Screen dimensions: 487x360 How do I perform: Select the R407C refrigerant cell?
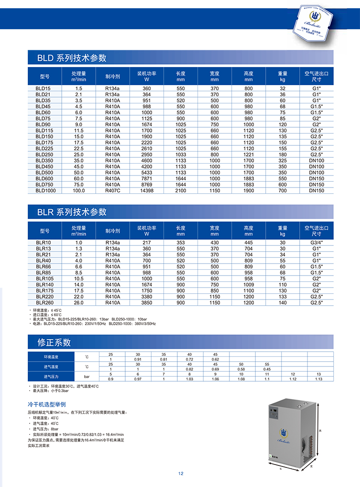[112, 190]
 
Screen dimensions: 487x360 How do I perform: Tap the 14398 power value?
[147, 190]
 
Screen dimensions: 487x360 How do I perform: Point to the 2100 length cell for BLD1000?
[180, 190]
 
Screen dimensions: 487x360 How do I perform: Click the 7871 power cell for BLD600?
[147, 178]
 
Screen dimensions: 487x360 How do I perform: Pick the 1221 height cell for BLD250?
[249, 155]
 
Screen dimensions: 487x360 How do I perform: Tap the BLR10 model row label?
[43, 243]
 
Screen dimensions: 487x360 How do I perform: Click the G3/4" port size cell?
[316, 243]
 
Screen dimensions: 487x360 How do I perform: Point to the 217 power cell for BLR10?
[147, 243]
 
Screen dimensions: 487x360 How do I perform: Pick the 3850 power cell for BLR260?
[147, 302]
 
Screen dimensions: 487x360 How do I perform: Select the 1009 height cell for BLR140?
[249, 284]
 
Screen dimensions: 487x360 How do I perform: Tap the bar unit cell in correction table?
[87, 376]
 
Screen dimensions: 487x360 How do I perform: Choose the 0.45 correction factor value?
[267, 369]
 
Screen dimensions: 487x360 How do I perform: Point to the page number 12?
[181, 474]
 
